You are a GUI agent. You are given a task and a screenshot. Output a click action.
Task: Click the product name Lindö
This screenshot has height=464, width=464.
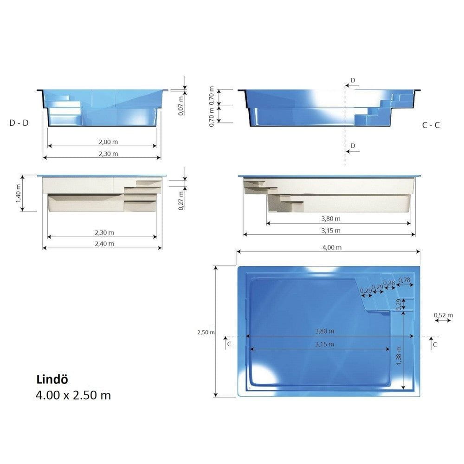coord(52,379)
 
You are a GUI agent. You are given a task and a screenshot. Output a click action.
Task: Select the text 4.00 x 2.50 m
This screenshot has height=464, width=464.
coord(73,395)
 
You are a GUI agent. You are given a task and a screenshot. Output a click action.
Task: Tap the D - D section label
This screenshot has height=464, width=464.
coord(19,123)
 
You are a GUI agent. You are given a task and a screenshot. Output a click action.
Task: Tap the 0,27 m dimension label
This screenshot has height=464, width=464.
coord(181,200)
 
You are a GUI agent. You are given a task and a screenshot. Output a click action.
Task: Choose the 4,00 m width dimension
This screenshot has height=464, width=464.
coord(332,247)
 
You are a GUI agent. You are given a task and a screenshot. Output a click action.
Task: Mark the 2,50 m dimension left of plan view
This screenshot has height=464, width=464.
coord(206,332)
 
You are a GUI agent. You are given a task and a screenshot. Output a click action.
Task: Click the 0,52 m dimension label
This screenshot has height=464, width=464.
coord(443,316)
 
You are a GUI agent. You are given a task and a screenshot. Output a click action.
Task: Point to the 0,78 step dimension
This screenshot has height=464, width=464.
coord(405,280)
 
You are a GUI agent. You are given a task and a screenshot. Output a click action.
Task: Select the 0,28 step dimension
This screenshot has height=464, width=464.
coord(389,283)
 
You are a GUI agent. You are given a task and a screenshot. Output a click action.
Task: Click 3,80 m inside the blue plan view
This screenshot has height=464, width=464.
coord(325,331)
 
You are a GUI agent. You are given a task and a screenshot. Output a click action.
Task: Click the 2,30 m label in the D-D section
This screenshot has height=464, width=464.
coord(102,153)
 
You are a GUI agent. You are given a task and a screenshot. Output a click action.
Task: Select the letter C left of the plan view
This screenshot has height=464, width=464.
coord(229,344)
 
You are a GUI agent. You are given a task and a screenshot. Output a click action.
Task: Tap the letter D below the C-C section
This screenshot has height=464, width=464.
coord(353,146)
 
